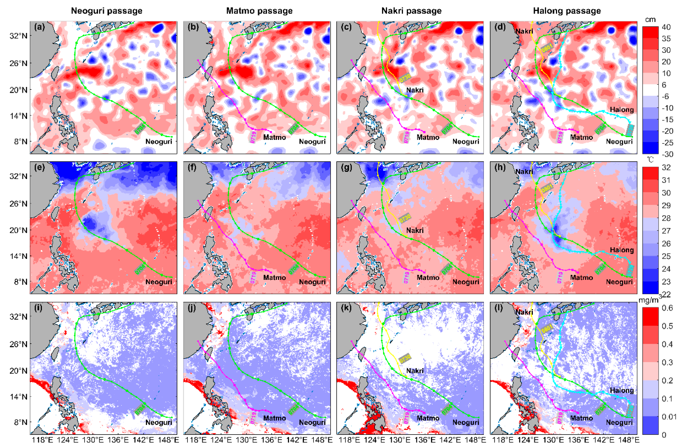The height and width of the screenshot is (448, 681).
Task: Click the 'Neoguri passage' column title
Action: pyautogui.click(x=107, y=11)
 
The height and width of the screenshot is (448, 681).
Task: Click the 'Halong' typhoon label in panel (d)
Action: pyautogui.click(x=622, y=109)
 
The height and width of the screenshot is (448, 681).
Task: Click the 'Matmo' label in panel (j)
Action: pyautogui.click(x=274, y=418)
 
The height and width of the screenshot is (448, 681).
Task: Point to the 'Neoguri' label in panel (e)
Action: pyautogui.click(x=158, y=282)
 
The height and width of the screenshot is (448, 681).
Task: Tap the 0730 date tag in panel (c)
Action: pyautogui.click(x=405, y=77)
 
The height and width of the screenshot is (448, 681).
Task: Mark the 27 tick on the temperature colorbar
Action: pyautogui.click(x=666, y=231)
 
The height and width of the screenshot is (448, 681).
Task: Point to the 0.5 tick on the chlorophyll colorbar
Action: pyautogui.click(x=667, y=326)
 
